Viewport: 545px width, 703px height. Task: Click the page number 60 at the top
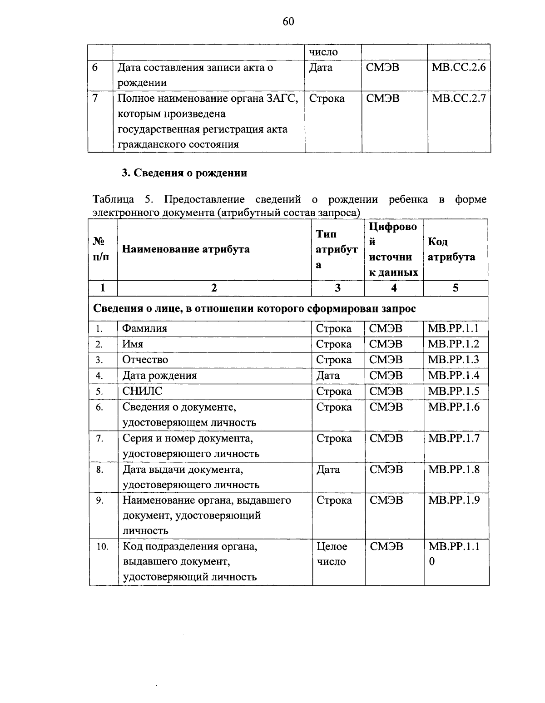click(288, 21)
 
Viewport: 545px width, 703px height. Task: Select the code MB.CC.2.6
click(459, 68)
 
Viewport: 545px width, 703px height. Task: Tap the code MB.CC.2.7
click(459, 99)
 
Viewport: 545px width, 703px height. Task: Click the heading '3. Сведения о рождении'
click(184, 173)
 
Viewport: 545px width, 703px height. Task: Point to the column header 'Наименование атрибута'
click(186, 249)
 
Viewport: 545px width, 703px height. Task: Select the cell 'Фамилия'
click(145, 329)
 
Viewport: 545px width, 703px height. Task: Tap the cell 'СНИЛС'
click(142, 391)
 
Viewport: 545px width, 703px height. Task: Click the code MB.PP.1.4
click(454, 376)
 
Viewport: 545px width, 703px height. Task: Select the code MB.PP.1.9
click(454, 500)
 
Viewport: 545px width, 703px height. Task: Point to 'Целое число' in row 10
click(332, 554)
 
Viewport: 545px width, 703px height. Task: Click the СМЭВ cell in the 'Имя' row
click(386, 344)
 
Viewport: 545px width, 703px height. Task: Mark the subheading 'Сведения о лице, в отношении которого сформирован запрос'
click(254, 309)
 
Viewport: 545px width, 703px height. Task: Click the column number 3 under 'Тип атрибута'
click(337, 288)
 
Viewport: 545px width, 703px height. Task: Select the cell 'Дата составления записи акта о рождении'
click(195, 75)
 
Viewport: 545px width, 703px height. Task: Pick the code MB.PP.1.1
click(454, 329)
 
